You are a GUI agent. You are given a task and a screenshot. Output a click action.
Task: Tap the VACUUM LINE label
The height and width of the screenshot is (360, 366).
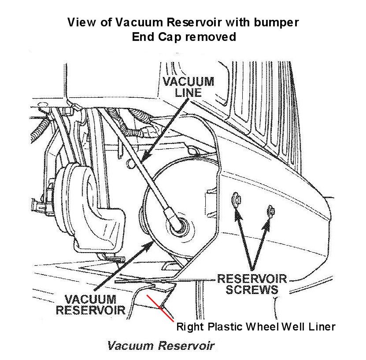tap(188, 87)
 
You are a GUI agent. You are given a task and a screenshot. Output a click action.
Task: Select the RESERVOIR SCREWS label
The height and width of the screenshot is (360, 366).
tap(252, 284)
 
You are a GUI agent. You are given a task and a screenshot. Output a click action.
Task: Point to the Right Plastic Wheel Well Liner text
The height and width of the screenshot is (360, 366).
tap(256, 327)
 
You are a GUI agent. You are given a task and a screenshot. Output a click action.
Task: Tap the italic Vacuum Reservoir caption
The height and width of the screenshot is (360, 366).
tap(161, 345)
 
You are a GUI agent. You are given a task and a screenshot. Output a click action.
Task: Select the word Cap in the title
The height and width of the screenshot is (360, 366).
tap(170, 37)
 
